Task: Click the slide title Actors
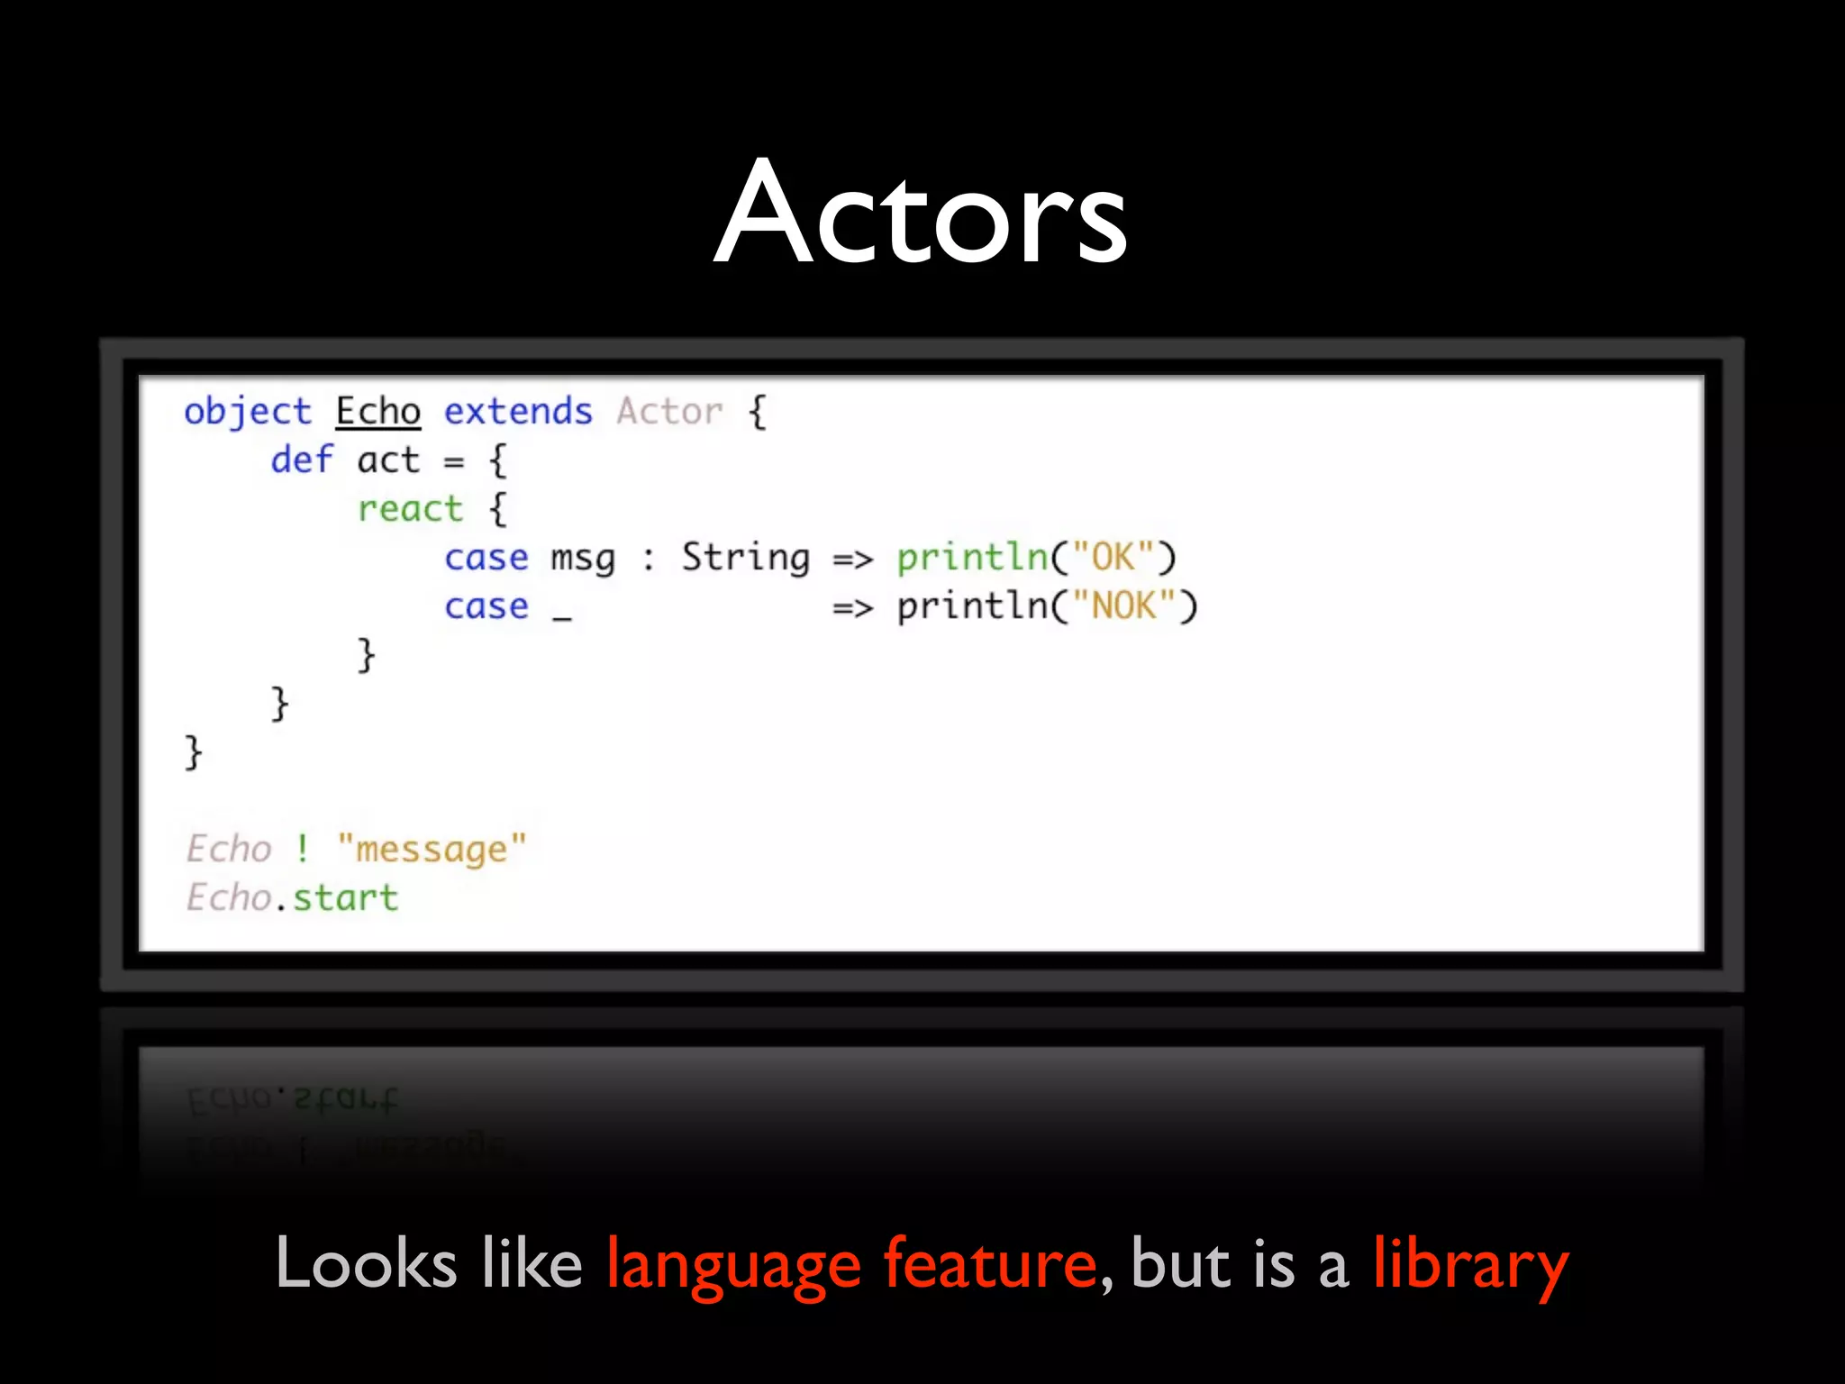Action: coord(921,214)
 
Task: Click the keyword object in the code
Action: coord(248,412)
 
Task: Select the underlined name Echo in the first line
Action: coord(378,412)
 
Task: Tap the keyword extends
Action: coord(518,412)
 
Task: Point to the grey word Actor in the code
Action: coord(669,412)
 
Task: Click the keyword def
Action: coord(302,460)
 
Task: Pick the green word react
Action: coord(410,509)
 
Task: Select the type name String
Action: coord(745,558)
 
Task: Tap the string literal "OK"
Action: coord(1113,558)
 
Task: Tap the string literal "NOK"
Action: coord(1123,606)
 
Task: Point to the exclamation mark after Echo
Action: coord(303,849)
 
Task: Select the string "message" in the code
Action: coord(432,849)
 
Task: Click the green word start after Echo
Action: coord(346,898)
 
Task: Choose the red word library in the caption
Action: coord(1470,1264)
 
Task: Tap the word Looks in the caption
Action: coord(366,1263)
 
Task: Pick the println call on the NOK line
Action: coord(973,606)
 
